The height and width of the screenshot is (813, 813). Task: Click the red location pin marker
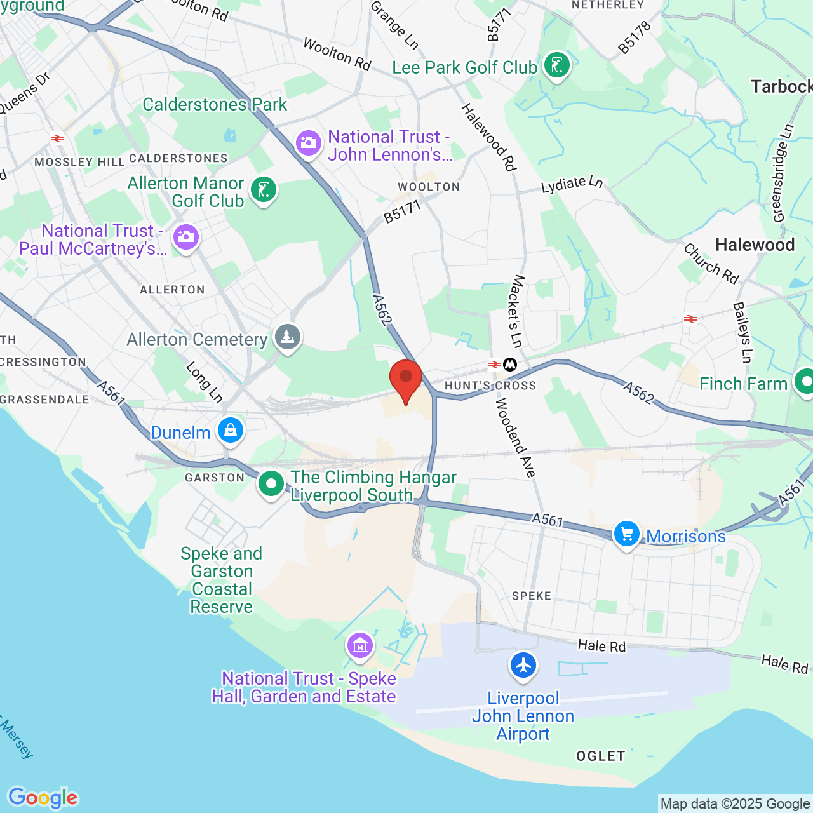pos(405,379)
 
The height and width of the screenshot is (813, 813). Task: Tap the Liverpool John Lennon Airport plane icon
pos(523,666)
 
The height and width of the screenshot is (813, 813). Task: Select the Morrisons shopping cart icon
pos(627,534)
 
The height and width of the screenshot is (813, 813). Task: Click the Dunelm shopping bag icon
pos(231,431)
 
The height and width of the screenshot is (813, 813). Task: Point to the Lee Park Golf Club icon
pos(557,65)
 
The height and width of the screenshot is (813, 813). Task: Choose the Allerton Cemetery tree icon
pos(288,337)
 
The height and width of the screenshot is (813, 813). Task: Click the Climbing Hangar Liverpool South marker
pos(271,484)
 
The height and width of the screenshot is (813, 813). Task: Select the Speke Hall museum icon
pos(360,647)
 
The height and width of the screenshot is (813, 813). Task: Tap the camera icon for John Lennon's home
pos(309,143)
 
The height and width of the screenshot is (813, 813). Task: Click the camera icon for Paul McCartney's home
pos(186,237)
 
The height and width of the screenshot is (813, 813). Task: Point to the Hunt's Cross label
pos(490,386)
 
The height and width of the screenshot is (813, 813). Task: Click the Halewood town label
pos(755,245)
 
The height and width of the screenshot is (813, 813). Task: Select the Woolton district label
pos(429,187)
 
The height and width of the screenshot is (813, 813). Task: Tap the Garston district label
pos(215,478)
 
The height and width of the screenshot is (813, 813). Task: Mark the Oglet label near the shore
pos(601,756)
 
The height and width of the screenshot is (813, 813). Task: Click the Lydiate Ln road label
pos(572,184)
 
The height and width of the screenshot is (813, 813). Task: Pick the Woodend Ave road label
pos(516,438)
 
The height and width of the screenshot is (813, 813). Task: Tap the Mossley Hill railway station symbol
pos(57,138)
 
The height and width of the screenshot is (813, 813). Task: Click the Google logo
pos(43,798)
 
